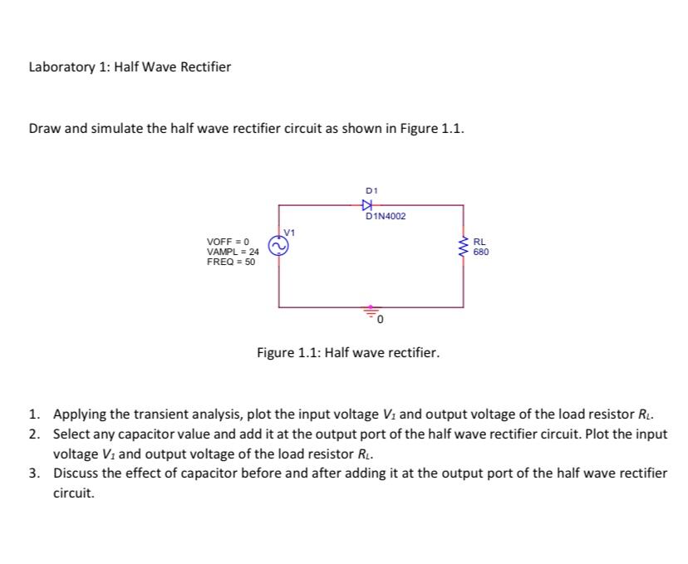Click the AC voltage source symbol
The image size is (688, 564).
point(278,246)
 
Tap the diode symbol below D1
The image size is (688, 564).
point(370,205)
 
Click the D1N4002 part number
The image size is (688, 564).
point(386,217)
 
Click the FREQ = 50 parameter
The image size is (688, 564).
point(231,262)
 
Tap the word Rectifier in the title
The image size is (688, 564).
point(206,66)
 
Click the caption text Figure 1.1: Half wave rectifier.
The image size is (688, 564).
point(348,352)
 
